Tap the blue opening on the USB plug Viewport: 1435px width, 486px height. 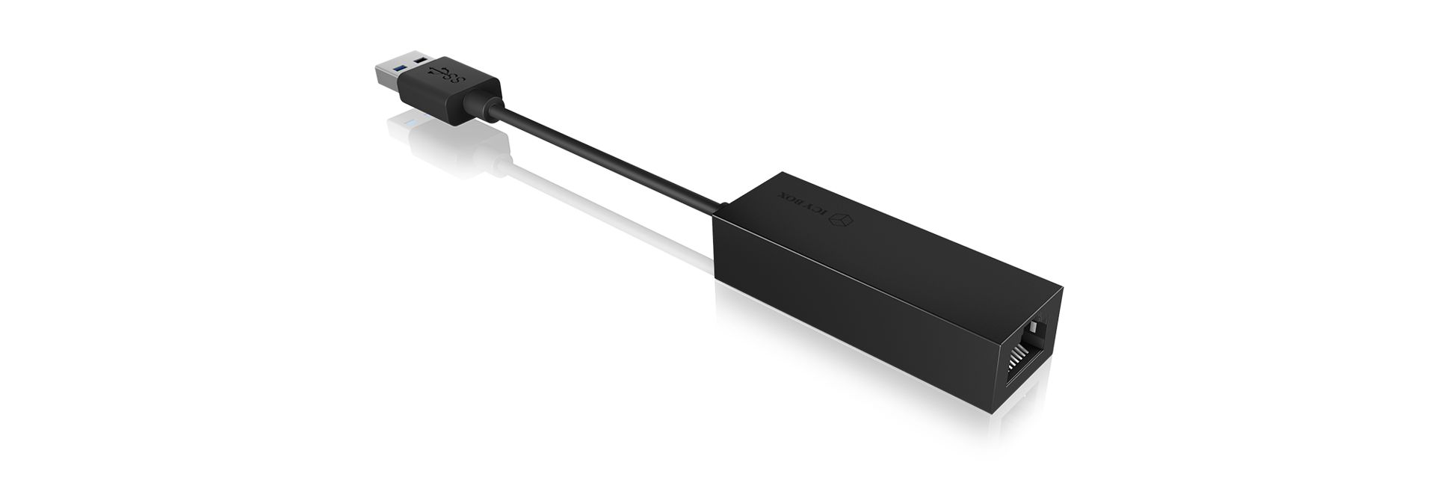(398, 68)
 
